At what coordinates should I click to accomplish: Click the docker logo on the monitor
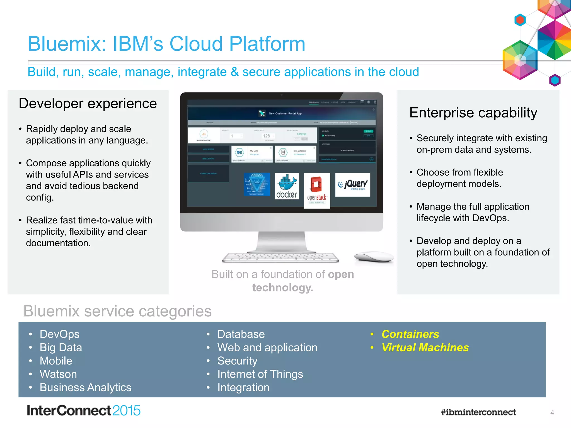tap(287, 186)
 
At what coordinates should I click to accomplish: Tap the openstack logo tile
tap(317, 190)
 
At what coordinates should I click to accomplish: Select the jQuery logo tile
tap(352, 184)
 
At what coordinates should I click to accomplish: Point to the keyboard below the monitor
tap(280, 257)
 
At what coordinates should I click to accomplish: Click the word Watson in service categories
tap(58, 374)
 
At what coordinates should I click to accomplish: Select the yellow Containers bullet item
tap(410, 334)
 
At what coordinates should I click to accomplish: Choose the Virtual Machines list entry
tap(425, 347)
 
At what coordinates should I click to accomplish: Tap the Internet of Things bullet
tap(260, 374)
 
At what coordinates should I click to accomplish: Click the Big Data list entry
tap(61, 347)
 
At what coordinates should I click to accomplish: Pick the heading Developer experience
tap(88, 104)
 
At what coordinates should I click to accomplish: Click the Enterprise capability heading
tap(473, 113)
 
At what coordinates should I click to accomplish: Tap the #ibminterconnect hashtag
tap(478, 412)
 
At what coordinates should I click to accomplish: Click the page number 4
tap(552, 413)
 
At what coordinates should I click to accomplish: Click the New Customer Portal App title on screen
tap(285, 113)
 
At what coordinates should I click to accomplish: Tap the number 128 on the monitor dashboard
tap(266, 136)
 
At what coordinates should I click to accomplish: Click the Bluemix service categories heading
tap(117, 311)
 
